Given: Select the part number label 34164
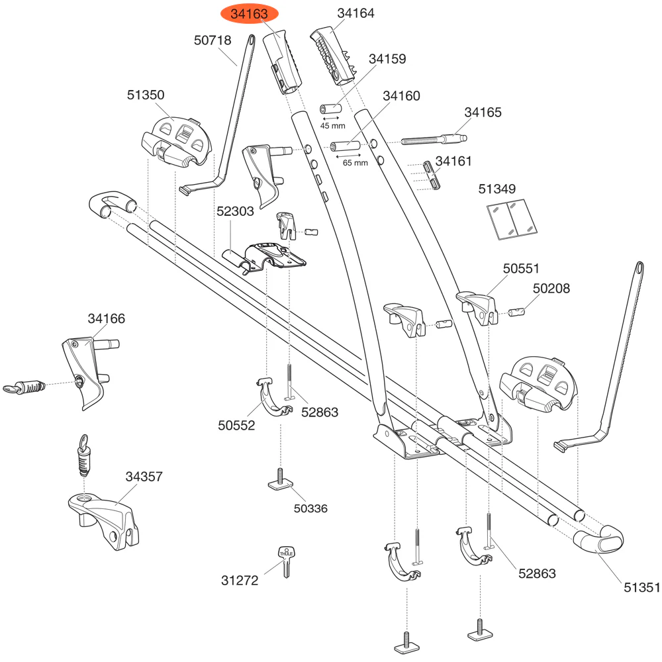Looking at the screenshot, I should (355, 13).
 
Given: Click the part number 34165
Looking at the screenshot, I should (483, 113).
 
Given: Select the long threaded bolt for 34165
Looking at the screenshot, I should (434, 140).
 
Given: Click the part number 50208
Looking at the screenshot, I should (551, 289).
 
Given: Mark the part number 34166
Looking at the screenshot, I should (106, 319).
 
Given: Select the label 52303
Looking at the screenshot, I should (236, 212).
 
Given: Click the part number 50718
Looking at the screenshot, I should (213, 40).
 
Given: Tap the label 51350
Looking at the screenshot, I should (146, 95).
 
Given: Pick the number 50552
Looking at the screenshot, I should (236, 426).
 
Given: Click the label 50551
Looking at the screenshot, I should (522, 269).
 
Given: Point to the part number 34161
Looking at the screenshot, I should (453, 160).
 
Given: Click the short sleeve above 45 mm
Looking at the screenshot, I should (331, 107).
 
